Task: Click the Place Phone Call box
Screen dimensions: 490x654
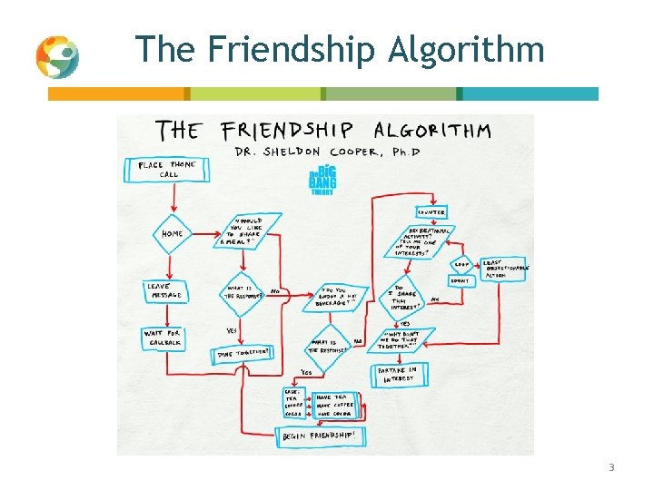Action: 165,170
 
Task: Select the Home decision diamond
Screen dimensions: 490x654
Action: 172,234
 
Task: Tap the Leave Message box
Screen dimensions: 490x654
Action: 164,290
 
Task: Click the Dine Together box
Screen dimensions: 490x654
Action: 243,354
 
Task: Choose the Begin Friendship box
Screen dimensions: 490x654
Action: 323,436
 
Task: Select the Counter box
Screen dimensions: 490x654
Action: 431,212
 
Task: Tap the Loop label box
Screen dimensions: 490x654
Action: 461,265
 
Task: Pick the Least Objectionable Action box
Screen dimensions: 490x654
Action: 505,269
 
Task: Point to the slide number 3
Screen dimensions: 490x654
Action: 611,467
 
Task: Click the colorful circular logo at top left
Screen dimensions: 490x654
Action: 57,57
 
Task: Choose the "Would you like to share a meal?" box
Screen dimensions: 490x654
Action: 250,230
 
